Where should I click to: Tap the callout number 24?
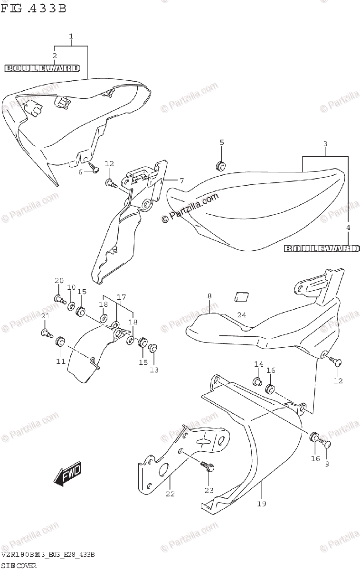(x=242, y=314)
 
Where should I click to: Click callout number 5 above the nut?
(x=221, y=142)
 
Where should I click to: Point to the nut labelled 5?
(x=220, y=165)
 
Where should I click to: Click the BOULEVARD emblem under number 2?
(x=42, y=68)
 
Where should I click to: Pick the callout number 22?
(x=170, y=494)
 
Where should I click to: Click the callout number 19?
(x=262, y=503)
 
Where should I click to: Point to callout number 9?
(x=327, y=464)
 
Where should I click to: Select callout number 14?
(x=258, y=364)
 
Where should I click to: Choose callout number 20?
(x=58, y=280)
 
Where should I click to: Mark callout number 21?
(x=45, y=316)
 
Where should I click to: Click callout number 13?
(x=154, y=370)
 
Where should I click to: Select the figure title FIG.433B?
(x=33, y=8)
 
